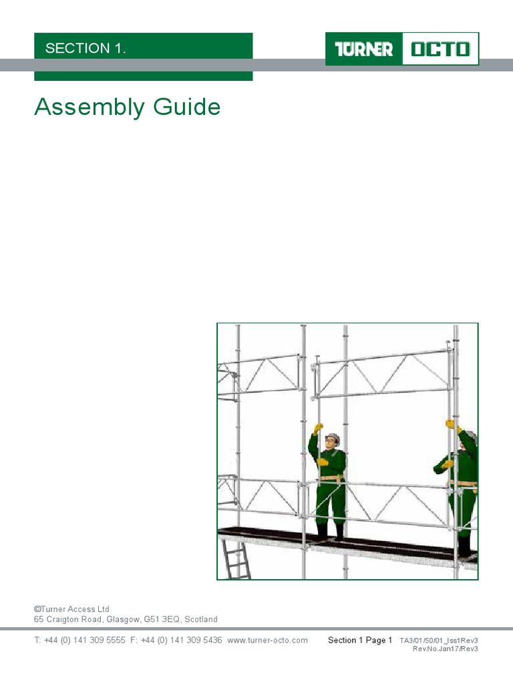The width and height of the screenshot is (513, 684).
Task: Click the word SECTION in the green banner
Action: click(x=77, y=48)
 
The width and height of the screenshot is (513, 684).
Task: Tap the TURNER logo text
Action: click(x=364, y=49)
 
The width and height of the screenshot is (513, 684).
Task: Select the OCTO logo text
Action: click(x=441, y=49)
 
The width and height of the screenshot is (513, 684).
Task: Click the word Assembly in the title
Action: click(x=90, y=108)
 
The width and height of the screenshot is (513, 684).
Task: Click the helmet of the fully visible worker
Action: click(x=333, y=437)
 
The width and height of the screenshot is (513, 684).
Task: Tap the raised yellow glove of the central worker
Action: click(x=318, y=428)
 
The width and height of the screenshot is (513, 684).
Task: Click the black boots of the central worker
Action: click(x=330, y=532)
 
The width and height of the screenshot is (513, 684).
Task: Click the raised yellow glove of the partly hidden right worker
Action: click(x=451, y=423)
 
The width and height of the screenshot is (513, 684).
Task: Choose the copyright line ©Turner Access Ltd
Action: click(x=71, y=609)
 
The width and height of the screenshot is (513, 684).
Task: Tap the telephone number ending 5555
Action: click(x=80, y=641)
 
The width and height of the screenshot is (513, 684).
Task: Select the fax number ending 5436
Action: click(x=176, y=641)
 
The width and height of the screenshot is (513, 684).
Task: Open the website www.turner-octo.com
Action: click(x=267, y=641)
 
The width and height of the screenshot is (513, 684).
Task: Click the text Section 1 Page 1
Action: click(x=360, y=641)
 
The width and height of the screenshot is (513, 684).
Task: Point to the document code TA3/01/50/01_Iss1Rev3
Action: click(x=439, y=641)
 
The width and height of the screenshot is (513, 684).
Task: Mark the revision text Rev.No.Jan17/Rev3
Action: click(x=446, y=649)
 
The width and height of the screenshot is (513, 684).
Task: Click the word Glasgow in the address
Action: click(x=123, y=619)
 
